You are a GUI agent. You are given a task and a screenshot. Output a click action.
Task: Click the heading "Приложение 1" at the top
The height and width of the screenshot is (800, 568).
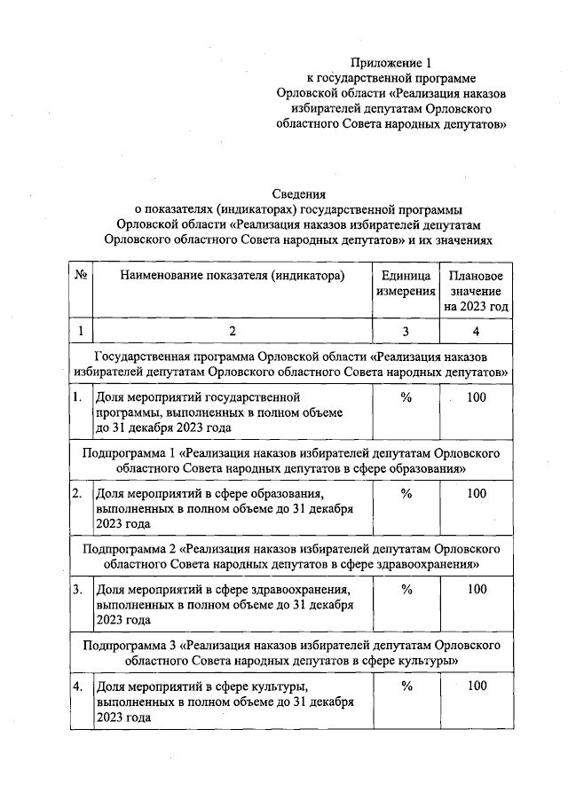click(390, 63)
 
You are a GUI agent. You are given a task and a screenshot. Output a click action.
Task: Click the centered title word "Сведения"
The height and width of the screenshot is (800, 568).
click(300, 193)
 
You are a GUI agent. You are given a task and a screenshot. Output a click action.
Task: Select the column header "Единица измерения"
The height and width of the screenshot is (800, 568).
click(406, 283)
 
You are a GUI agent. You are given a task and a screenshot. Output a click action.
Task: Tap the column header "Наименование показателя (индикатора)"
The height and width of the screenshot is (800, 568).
click(232, 276)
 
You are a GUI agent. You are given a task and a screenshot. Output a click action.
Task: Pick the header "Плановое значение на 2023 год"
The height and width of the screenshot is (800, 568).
click(477, 291)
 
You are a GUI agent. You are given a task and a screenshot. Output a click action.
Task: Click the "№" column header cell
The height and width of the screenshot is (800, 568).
click(81, 276)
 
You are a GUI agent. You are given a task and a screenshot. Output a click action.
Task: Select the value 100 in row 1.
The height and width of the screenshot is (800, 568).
click(477, 397)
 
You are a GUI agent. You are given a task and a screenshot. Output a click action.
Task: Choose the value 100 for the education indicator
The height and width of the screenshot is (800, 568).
click(477, 493)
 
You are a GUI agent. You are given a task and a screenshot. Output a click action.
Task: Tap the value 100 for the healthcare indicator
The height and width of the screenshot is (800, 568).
click(477, 589)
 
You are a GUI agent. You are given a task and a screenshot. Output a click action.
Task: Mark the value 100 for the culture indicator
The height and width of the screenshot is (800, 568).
click(477, 685)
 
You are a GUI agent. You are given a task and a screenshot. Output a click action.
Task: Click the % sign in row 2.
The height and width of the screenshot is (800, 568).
click(406, 493)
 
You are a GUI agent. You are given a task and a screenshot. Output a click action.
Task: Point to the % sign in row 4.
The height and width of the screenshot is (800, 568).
click(406, 685)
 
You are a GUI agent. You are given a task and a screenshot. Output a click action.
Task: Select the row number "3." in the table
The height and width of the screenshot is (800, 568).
click(79, 589)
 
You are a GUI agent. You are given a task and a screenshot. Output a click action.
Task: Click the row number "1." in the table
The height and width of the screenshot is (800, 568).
click(79, 397)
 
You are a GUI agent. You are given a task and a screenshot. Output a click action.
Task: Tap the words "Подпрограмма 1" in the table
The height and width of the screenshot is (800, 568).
click(124, 453)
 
